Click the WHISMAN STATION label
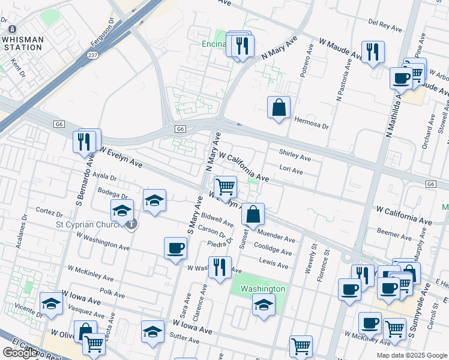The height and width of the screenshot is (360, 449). pyautogui.click(x=22, y=43)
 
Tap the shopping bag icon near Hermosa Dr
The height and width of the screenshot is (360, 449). pyautogui.click(x=279, y=108)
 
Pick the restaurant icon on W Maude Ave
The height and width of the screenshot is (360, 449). pyautogui.click(x=373, y=52)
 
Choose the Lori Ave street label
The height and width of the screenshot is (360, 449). pyautogui.click(x=291, y=170)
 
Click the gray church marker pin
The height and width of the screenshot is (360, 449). pyautogui.click(x=132, y=224)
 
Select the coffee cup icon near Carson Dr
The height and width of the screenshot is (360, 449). pyautogui.click(x=176, y=248)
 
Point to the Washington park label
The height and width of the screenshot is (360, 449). pyautogui.click(x=262, y=289)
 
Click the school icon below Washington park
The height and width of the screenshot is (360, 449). pyautogui.click(x=264, y=305)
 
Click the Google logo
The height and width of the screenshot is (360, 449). pyautogui.click(x=20, y=353)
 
